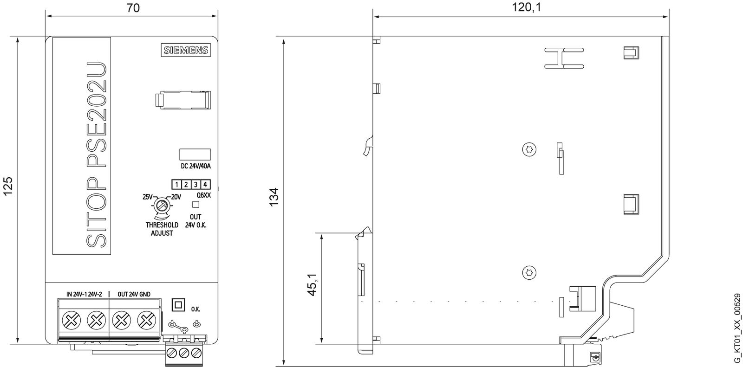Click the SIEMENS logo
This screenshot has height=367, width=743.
[186, 50]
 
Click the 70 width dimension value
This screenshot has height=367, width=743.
[132, 7]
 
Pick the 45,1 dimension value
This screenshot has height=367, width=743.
[312, 284]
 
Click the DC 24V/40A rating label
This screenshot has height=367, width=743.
[196, 166]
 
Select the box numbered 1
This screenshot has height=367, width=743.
[176, 185]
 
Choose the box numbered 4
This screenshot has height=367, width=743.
[205, 185]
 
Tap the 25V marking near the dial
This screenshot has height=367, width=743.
[148, 197]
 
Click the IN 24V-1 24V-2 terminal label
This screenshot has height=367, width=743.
[84, 294]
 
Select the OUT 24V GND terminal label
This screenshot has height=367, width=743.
[134, 294]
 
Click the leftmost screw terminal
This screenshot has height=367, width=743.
[71, 320]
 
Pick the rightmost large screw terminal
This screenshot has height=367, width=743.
[146, 320]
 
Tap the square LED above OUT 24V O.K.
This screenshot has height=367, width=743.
[196, 204]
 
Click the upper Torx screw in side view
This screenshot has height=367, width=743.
[529, 149]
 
